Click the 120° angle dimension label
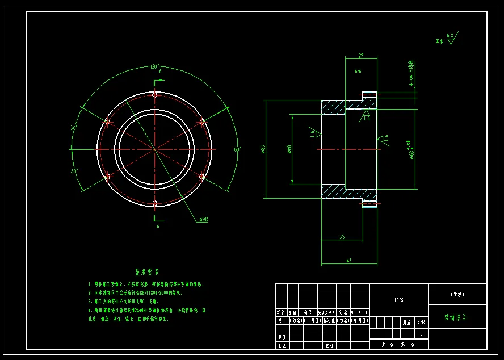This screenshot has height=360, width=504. pos(155,66)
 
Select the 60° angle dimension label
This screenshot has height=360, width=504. pos(237,150)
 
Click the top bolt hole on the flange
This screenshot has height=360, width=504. pos(155,94)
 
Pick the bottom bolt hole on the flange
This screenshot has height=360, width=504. pos(155,204)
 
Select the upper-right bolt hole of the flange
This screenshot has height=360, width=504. pos(201,122)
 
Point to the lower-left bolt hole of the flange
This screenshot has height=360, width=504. pos(107,177)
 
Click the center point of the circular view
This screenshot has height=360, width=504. pos(155,149)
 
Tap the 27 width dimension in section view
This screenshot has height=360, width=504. pos(361,56)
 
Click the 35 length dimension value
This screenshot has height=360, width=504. pos(342,236)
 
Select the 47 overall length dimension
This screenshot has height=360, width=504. pos(349,261)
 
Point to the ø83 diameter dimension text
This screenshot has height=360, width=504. pos(263,149)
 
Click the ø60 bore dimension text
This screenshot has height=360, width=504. pos(289,149)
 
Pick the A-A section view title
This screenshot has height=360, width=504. pos(358,72)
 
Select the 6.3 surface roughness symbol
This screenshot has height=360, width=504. pos(450,39)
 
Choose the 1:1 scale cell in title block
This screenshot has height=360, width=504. pos(421,334)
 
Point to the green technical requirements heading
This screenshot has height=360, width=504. pos(147,272)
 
